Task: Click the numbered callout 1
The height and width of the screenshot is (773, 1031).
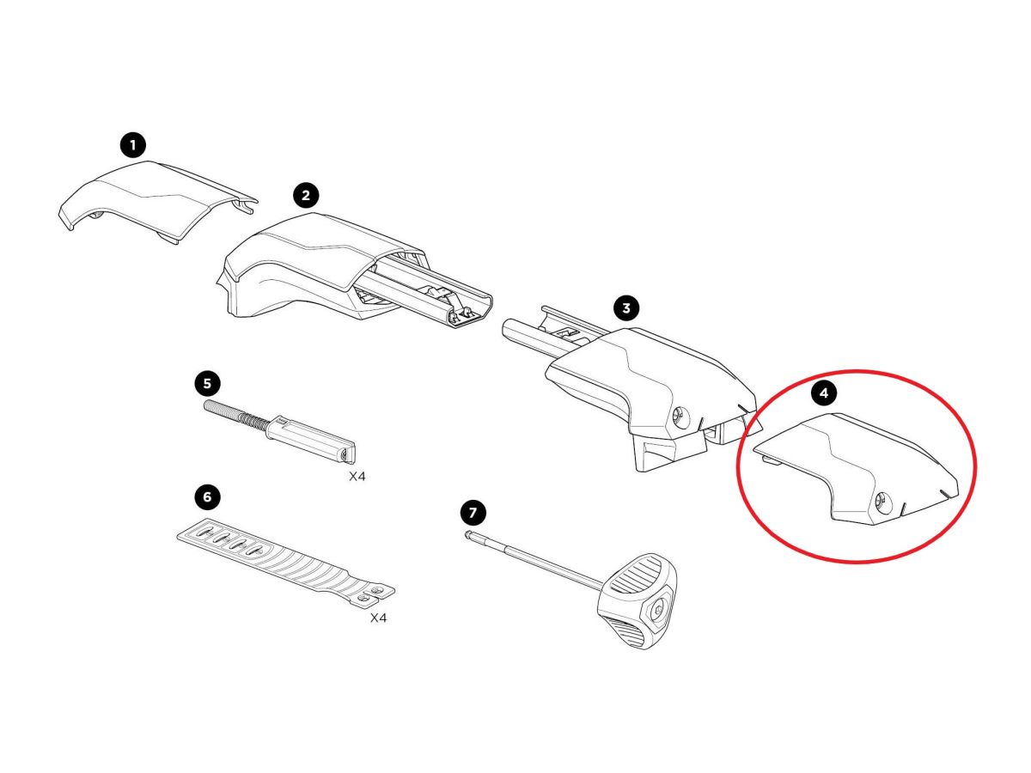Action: [133, 145]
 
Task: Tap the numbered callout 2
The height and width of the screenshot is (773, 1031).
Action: [306, 195]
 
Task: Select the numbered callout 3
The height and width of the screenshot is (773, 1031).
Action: [625, 308]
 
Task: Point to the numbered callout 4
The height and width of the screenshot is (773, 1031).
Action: [824, 393]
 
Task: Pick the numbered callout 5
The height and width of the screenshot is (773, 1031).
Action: [207, 384]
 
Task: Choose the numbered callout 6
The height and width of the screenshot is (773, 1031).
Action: [207, 496]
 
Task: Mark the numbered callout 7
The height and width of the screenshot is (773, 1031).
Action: [473, 513]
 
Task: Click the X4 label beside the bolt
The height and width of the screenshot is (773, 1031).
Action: [357, 477]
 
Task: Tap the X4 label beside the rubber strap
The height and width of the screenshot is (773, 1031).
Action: [378, 618]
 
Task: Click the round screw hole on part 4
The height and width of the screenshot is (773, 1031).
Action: [882, 501]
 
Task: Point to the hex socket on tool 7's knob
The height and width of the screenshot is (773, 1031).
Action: [660, 610]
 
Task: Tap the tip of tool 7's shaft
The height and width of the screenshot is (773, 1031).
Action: [468, 533]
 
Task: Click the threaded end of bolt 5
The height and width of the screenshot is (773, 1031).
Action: [235, 412]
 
